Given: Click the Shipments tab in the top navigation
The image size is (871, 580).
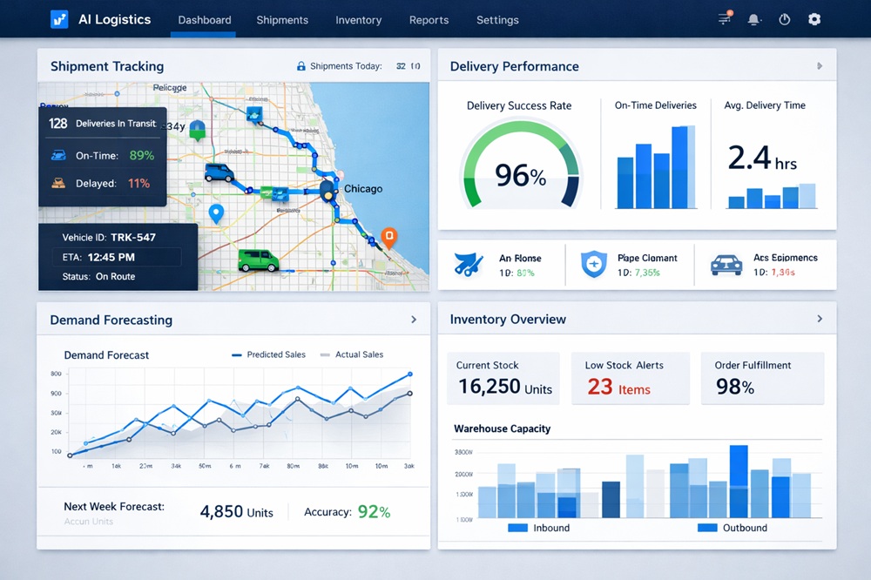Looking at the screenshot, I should pos(282,20).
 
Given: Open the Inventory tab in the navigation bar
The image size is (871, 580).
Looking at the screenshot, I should pos(358,20).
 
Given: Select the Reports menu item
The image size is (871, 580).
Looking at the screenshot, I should pos(429,20).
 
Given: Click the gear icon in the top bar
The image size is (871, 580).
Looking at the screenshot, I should pos(814,19).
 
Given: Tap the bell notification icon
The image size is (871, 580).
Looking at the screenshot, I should pos(754,19).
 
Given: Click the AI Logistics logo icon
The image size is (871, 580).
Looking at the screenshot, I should pos(59,19).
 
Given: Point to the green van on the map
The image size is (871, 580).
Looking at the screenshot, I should pos(257,260).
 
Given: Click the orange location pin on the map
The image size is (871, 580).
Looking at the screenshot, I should pos(388,236).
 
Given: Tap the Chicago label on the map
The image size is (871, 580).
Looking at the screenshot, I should pos(363,189).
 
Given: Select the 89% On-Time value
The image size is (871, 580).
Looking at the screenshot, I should pos(141,156).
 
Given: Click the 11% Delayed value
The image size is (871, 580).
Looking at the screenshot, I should pos(138,184).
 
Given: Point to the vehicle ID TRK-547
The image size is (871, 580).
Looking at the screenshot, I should pos(133,237).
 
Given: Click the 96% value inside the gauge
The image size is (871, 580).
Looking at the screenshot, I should pos(520,175).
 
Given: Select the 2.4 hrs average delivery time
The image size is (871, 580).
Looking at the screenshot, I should pos(761,159).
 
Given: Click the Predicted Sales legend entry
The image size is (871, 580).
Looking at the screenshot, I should pos(270,354).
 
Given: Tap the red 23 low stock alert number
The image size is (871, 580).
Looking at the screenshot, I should pos(599,386).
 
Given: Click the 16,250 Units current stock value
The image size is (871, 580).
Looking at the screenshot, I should pos(504,387).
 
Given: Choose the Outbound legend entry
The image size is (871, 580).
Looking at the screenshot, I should pos(733,528).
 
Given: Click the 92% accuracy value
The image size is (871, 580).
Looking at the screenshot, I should pos(373,512).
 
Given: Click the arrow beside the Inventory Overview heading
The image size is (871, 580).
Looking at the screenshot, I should pos(819,320).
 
